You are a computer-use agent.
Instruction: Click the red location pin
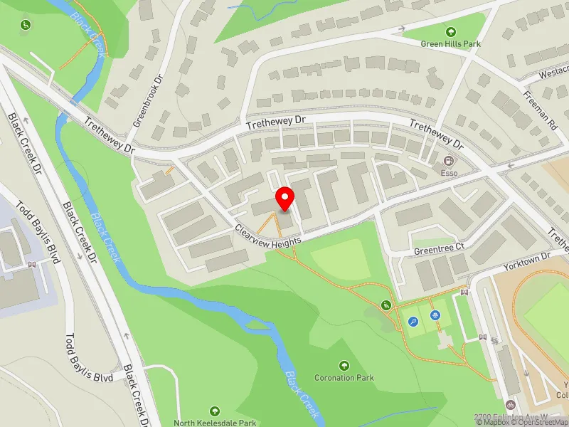[285, 199]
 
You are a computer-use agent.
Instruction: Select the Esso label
[450, 172]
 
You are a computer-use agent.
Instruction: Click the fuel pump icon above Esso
[450, 161]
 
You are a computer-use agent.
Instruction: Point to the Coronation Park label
[344, 377]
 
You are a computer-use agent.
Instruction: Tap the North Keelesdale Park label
[215, 423]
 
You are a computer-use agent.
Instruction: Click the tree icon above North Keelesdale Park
[215, 411]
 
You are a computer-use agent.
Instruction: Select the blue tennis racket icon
[413, 322]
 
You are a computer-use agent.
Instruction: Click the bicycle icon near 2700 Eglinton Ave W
[510, 405]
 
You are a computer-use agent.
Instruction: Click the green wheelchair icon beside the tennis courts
[386, 305]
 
